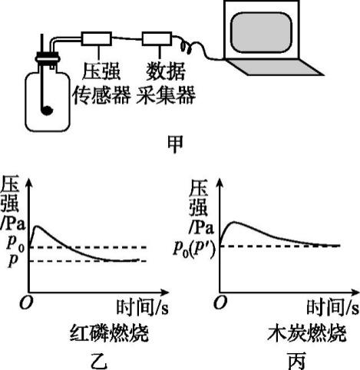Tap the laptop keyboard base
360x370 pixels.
tap(274, 68)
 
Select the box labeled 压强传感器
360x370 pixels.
tap(97, 38)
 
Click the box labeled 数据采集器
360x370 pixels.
tap(157, 38)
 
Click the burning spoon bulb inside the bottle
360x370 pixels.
tap(47, 111)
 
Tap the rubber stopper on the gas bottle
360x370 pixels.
tap(48, 58)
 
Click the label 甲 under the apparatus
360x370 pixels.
tap(175, 144)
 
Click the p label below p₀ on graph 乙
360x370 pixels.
tap(13, 260)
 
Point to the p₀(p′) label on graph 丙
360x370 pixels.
tap(194, 249)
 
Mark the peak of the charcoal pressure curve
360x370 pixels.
tap(234, 222)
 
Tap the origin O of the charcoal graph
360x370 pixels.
tap(220, 302)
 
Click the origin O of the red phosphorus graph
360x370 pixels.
tap(26, 303)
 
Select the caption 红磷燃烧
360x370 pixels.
tap(109, 333)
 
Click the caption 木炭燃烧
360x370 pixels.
tap(307, 333)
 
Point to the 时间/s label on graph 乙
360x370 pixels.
tap(143, 307)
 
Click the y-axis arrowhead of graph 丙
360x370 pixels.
tap(220, 183)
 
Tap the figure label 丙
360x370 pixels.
tap(297, 362)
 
